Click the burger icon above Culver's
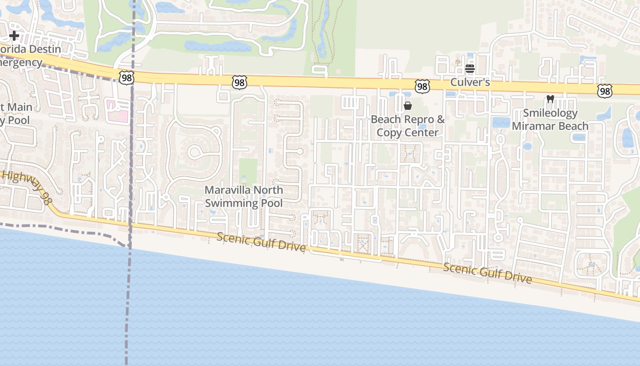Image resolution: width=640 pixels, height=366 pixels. [x=470, y=69]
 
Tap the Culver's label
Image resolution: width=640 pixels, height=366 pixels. [x=470, y=82]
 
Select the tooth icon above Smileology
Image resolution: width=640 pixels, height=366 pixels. [x=550, y=99]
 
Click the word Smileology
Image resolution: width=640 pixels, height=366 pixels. [x=550, y=113]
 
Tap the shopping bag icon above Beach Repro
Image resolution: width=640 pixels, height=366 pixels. [x=408, y=106]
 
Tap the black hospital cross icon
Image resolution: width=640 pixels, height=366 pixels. [x=14, y=36]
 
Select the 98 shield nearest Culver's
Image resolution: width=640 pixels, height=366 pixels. [x=422, y=86]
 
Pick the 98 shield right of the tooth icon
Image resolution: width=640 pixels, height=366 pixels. [x=604, y=91]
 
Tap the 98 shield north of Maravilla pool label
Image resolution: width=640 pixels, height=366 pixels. [x=239, y=82]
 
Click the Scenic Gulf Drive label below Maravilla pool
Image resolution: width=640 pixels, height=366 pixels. [x=261, y=241]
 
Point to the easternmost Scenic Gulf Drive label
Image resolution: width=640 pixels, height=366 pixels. [x=487, y=272]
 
